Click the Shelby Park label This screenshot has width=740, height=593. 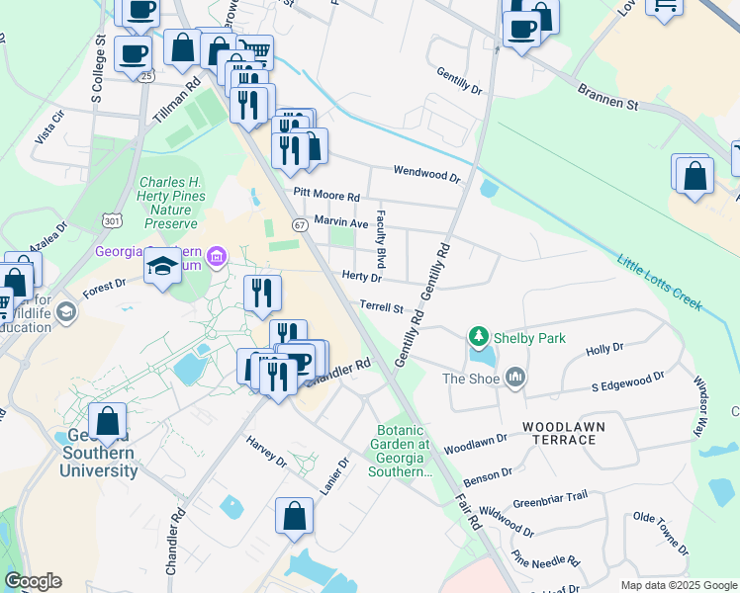click(x=531, y=338)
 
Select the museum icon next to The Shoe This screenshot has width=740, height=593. click(x=514, y=378)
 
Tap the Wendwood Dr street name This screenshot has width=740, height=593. click(x=427, y=174)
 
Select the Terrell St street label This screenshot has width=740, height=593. click(x=382, y=307)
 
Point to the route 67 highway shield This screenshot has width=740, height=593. click(x=300, y=226)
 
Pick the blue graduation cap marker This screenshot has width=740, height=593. click(x=162, y=267)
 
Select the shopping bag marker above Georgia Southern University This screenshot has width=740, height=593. click(x=107, y=421)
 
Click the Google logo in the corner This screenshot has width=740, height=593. click(x=33, y=581)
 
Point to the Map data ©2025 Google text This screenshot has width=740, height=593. click(x=679, y=585)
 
